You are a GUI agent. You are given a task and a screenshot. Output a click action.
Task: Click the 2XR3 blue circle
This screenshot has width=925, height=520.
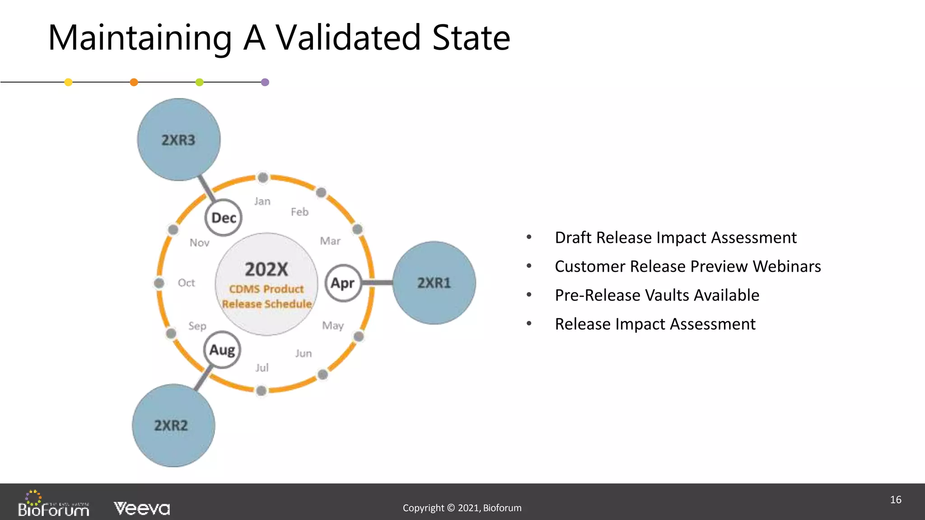(179, 140)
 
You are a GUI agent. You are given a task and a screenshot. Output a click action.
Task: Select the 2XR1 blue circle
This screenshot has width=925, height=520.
(434, 283)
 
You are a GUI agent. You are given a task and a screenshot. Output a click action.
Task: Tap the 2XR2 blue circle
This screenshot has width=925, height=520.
(173, 426)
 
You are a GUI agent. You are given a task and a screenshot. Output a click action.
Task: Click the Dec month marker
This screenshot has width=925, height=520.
(224, 218)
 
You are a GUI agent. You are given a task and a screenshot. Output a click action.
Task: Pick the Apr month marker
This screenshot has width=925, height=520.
(343, 283)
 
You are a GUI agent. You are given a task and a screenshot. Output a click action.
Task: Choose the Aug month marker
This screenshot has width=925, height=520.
(222, 350)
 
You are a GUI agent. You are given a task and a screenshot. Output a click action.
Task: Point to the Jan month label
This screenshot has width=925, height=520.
(262, 201)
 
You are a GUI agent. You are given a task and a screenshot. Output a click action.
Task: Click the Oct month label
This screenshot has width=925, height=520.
(186, 283)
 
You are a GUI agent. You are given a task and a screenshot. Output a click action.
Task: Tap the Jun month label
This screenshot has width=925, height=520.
(304, 353)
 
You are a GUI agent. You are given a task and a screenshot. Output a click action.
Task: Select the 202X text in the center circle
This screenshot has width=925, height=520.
(266, 269)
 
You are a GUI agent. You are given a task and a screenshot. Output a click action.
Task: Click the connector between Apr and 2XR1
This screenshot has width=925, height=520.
(378, 283)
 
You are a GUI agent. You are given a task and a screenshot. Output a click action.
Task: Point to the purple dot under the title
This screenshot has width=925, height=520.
(265, 82)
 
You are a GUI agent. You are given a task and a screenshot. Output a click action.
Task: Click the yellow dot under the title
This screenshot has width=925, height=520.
(68, 82)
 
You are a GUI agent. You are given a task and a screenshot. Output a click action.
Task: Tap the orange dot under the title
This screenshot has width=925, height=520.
(134, 82)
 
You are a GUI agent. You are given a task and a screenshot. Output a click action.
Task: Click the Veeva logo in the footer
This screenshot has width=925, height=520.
(142, 508)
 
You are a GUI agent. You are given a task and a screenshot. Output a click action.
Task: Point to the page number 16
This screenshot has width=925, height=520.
(896, 500)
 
